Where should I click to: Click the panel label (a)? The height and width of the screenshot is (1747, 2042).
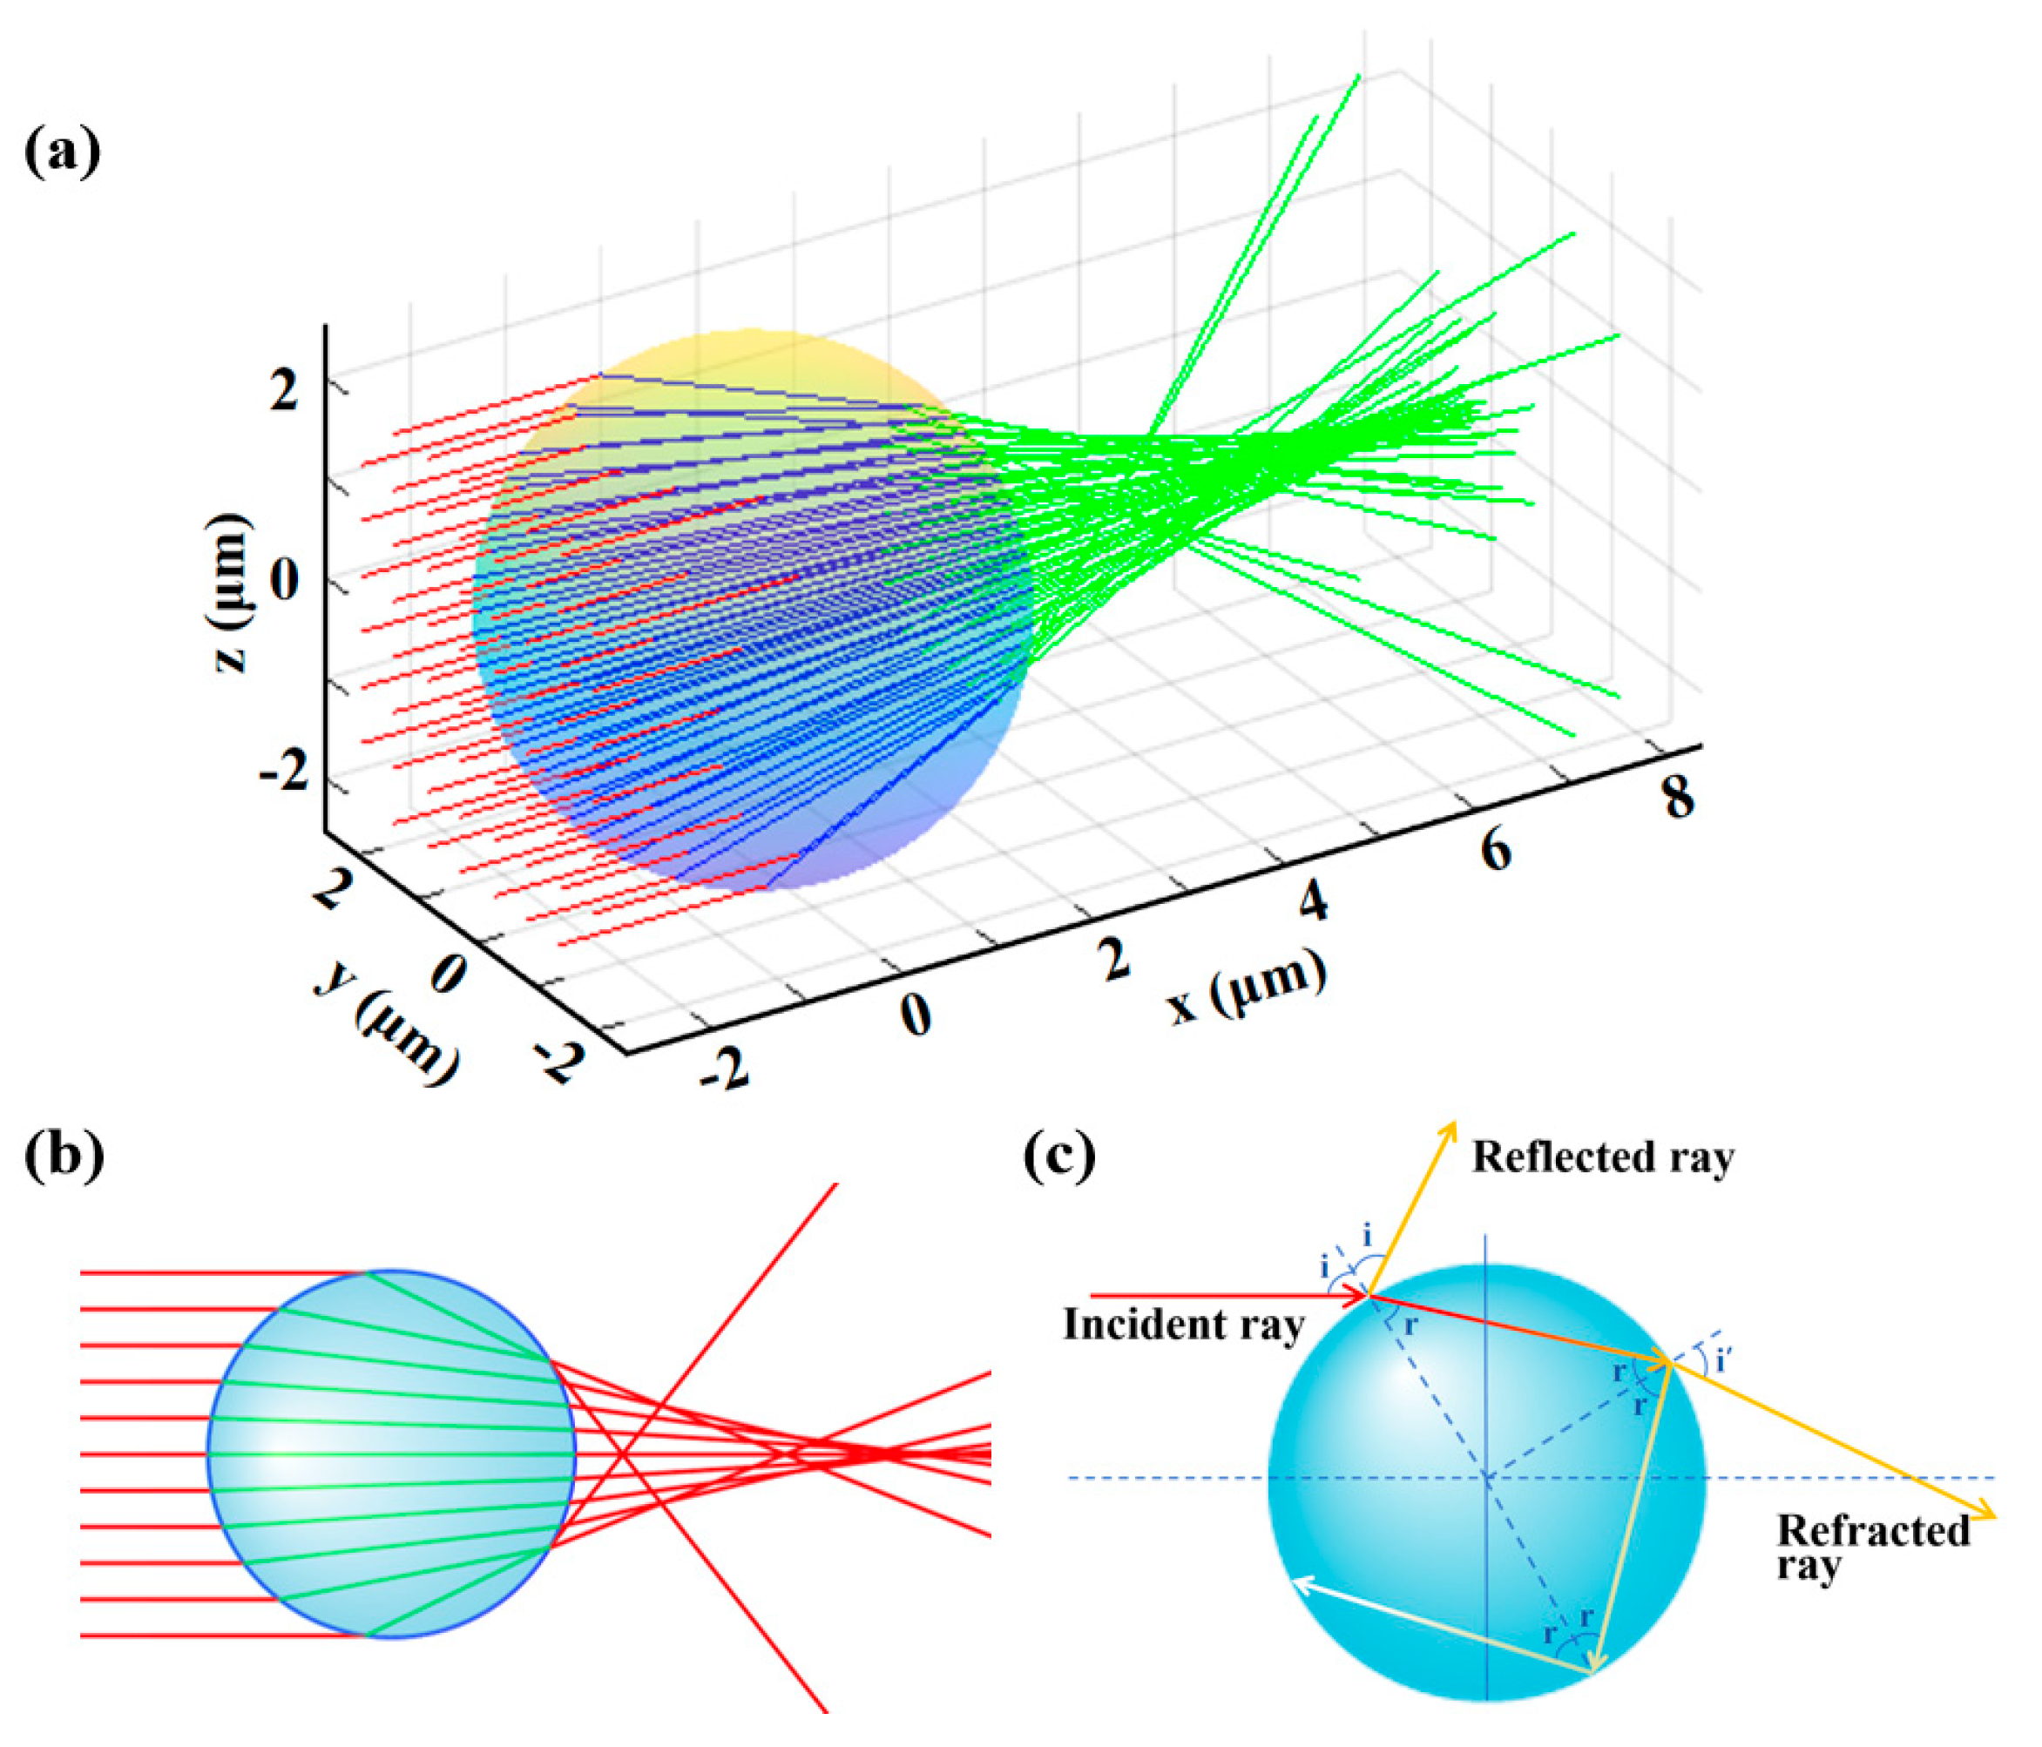(61, 152)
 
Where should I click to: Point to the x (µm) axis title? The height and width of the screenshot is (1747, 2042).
(1246, 988)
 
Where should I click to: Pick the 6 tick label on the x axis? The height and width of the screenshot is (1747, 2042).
(1495, 849)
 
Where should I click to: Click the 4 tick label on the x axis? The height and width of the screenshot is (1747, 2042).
(1313, 900)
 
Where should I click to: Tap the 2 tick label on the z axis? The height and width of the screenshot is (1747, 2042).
(284, 391)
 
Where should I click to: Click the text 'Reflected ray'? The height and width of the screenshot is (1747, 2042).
(1602, 1157)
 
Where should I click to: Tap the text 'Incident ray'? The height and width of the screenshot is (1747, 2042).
(1183, 1325)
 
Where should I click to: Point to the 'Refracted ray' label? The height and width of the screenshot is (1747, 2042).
(1871, 1548)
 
